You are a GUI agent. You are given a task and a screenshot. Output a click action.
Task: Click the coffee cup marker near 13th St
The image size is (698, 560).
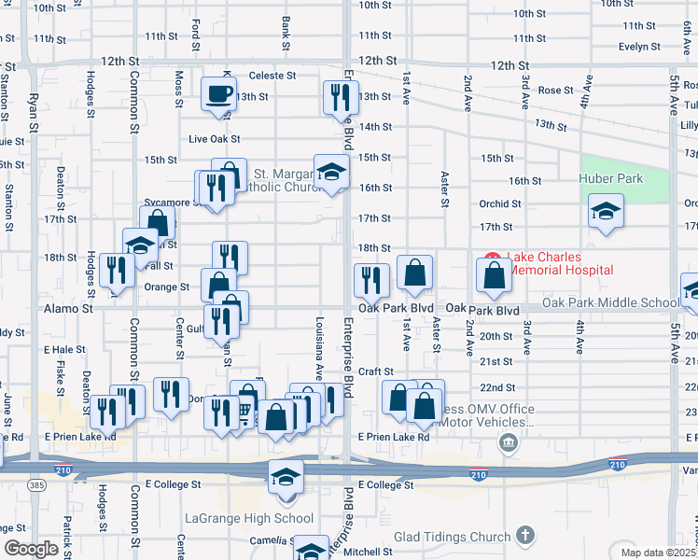click(x=219, y=94)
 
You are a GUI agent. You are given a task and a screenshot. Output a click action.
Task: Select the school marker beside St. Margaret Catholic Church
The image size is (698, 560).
click(x=331, y=172)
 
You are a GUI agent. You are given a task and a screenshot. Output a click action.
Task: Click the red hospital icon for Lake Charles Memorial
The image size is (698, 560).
click(x=492, y=259)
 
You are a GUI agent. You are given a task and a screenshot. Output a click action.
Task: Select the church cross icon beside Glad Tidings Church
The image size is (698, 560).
click(x=525, y=536)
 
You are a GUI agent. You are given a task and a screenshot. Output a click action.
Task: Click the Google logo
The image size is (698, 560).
click(x=31, y=549)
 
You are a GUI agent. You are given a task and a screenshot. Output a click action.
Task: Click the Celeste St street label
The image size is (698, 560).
click(x=272, y=76)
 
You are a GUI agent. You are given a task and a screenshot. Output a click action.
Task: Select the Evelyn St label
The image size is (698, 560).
click(x=639, y=46)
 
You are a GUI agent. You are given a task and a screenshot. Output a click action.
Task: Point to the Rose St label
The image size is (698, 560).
click(x=555, y=91)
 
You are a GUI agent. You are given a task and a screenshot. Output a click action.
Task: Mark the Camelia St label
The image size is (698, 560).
click(x=271, y=540)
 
